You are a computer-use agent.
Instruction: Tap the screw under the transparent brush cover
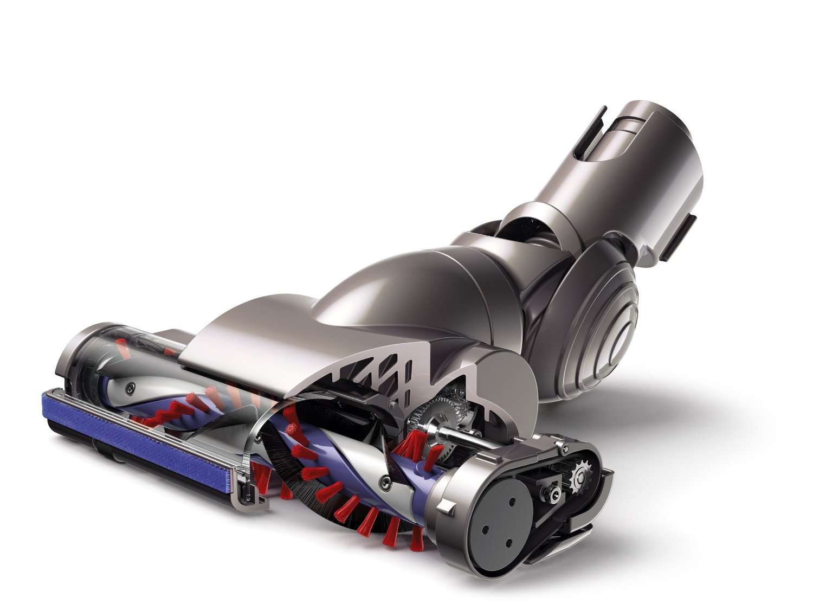point(128,386)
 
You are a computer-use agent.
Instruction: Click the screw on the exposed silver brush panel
point(385,480)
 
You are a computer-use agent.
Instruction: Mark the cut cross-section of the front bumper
point(247,488)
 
